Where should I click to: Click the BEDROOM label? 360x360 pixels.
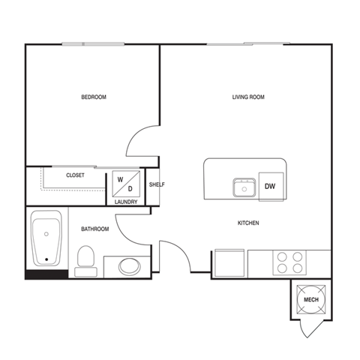pyautogui.click(x=94, y=97)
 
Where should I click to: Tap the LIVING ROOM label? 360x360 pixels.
pyautogui.click(x=247, y=97)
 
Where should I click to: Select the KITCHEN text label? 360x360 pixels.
pyautogui.click(x=248, y=223)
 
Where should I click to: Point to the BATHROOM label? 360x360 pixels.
pyautogui.click(x=95, y=229)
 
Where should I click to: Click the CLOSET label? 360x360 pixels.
pyautogui.click(x=75, y=175)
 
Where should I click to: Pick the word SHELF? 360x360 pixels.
pyautogui.click(x=157, y=184)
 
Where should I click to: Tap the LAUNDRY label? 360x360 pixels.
pyautogui.click(x=125, y=201)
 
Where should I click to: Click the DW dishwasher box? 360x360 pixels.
pyautogui.click(x=270, y=187)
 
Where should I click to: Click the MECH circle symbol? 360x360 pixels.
pyautogui.click(x=310, y=300)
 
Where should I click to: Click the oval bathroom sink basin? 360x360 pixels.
pyautogui.click(x=130, y=266)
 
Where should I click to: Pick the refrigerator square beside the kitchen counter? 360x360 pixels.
pyautogui.click(x=229, y=264)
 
